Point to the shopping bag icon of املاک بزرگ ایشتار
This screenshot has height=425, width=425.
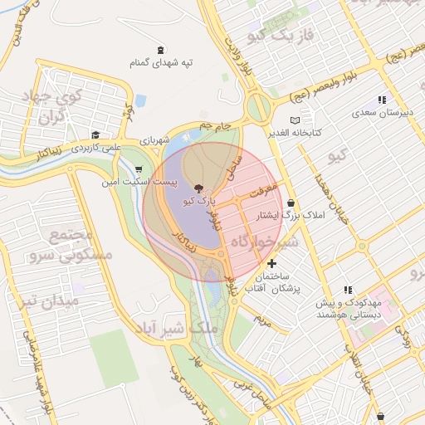click(x=291, y=203)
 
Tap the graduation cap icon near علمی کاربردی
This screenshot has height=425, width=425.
click(x=95, y=134)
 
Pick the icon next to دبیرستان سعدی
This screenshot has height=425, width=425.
click(x=381, y=100)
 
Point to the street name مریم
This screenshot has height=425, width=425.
click(x=262, y=319)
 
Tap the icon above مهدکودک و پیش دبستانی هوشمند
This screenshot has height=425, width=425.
click(x=348, y=290)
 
